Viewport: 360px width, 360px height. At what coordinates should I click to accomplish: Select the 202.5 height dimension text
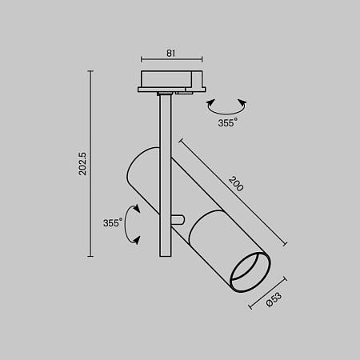(x=82, y=164)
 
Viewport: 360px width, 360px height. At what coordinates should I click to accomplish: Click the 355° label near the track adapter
(x=227, y=123)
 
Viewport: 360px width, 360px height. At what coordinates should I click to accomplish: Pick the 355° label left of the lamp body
(x=112, y=223)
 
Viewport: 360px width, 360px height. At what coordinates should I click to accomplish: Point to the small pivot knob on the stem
(x=179, y=218)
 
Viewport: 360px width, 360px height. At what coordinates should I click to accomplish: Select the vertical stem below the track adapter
(x=165, y=128)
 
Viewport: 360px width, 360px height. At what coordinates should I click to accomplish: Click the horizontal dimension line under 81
(x=172, y=60)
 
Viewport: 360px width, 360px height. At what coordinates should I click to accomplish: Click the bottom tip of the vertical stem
(x=165, y=254)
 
